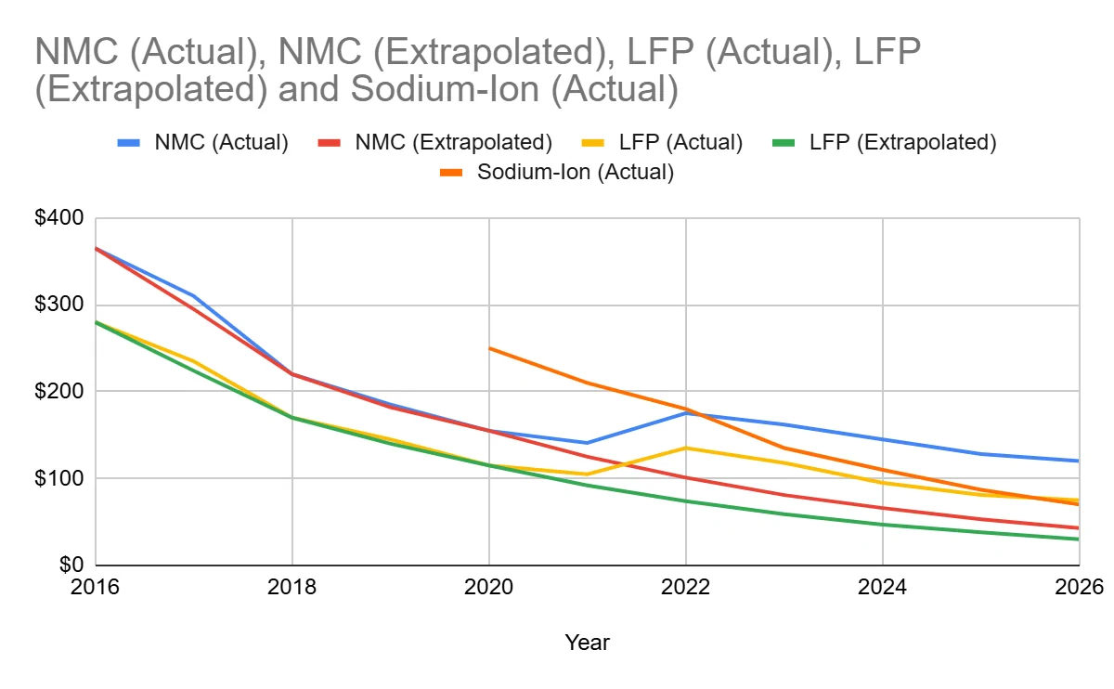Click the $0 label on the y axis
(x=71, y=565)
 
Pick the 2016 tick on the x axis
(x=97, y=588)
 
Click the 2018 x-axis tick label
(x=292, y=588)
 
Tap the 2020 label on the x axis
(x=489, y=588)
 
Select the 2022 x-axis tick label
(x=686, y=588)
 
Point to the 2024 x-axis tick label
(x=882, y=588)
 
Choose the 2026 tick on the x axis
(x=1077, y=588)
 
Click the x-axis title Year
(x=587, y=642)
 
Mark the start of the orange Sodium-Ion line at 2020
(x=489, y=348)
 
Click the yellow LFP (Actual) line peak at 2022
(x=686, y=448)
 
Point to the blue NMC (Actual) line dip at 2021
(x=588, y=443)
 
